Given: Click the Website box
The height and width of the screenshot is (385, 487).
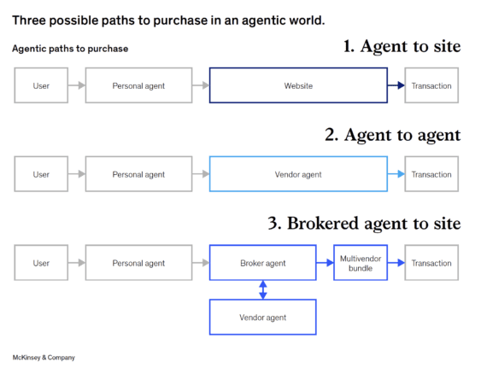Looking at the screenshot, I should [x=298, y=86].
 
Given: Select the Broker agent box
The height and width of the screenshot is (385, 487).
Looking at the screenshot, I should [x=262, y=263].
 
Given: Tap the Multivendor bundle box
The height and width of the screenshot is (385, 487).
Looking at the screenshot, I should [x=360, y=263].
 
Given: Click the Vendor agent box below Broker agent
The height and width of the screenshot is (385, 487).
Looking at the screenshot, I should [x=262, y=317].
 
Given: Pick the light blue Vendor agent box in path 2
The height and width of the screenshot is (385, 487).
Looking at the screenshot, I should [x=298, y=174].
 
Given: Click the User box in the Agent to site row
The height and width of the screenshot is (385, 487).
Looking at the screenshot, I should [x=41, y=86].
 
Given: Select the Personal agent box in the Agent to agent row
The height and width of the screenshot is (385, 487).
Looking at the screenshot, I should [x=138, y=174].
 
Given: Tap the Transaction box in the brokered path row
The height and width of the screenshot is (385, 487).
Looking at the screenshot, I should [x=431, y=263].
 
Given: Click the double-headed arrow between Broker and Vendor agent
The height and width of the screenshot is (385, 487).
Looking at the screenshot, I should [x=262, y=289].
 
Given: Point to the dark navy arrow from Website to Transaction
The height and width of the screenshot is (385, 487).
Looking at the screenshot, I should [x=396, y=86].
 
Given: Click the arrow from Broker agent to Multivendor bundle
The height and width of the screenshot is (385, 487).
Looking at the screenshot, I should [x=325, y=263].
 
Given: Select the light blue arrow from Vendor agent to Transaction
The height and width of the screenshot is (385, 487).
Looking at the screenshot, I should [x=396, y=174].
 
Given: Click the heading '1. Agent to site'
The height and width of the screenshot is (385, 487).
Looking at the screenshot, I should [x=402, y=47].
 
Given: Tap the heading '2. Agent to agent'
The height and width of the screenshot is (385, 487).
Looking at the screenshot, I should [x=393, y=135].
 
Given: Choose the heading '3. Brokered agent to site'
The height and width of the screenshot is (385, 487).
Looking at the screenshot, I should [x=364, y=224].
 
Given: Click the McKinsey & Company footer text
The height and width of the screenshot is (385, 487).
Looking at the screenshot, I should [x=44, y=358].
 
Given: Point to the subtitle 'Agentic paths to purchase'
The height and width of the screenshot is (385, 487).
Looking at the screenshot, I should [x=70, y=49].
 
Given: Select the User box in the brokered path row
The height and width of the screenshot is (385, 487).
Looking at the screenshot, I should [x=41, y=263].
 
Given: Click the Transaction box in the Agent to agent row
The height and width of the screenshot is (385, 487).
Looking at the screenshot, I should [x=431, y=174].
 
